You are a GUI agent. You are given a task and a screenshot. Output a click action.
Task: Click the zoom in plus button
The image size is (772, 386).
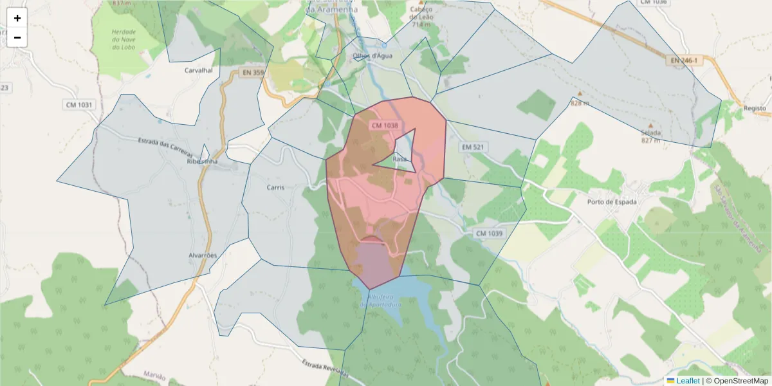pyautogui.click(x=17, y=18)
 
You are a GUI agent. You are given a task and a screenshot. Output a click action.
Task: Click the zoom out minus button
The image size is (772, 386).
pyautogui.click(x=17, y=37)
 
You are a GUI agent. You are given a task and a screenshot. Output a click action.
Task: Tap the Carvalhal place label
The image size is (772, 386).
pyautogui.click(x=198, y=70)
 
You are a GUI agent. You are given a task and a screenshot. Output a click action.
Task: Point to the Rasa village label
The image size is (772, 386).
pyautogui.click(x=400, y=159)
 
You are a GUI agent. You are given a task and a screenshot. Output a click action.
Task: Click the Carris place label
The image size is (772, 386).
pyautogui.click(x=275, y=188)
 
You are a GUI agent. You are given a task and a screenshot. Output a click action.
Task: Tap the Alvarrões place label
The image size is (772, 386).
pyautogui.click(x=203, y=255)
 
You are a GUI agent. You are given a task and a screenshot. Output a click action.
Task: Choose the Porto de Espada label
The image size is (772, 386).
pyautogui.click(x=612, y=202)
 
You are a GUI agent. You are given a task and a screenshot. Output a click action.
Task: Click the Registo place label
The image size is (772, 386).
pyautogui.click(x=755, y=109)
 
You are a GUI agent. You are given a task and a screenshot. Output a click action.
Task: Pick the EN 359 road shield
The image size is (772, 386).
pyautogui.click(x=253, y=73)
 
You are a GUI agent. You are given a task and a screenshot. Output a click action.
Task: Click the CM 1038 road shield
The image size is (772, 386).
pyautogui.click(x=385, y=125)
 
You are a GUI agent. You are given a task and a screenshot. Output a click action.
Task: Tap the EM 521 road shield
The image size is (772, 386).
pyautogui.click(x=473, y=147)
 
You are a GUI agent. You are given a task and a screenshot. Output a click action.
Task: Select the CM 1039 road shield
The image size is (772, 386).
pyautogui.click(x=489, y=233)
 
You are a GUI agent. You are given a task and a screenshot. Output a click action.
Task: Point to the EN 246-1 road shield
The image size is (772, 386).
pyautogui.click(x=683, y=60)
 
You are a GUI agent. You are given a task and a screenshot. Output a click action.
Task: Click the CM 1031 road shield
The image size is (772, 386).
pyautogui.click(x=78, y=104)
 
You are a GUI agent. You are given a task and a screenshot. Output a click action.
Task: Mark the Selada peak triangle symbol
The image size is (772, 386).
pyautogui.click(x=650, y=125)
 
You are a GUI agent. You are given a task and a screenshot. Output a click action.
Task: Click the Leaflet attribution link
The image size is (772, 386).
pyautogui.click(x=688, y=381)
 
